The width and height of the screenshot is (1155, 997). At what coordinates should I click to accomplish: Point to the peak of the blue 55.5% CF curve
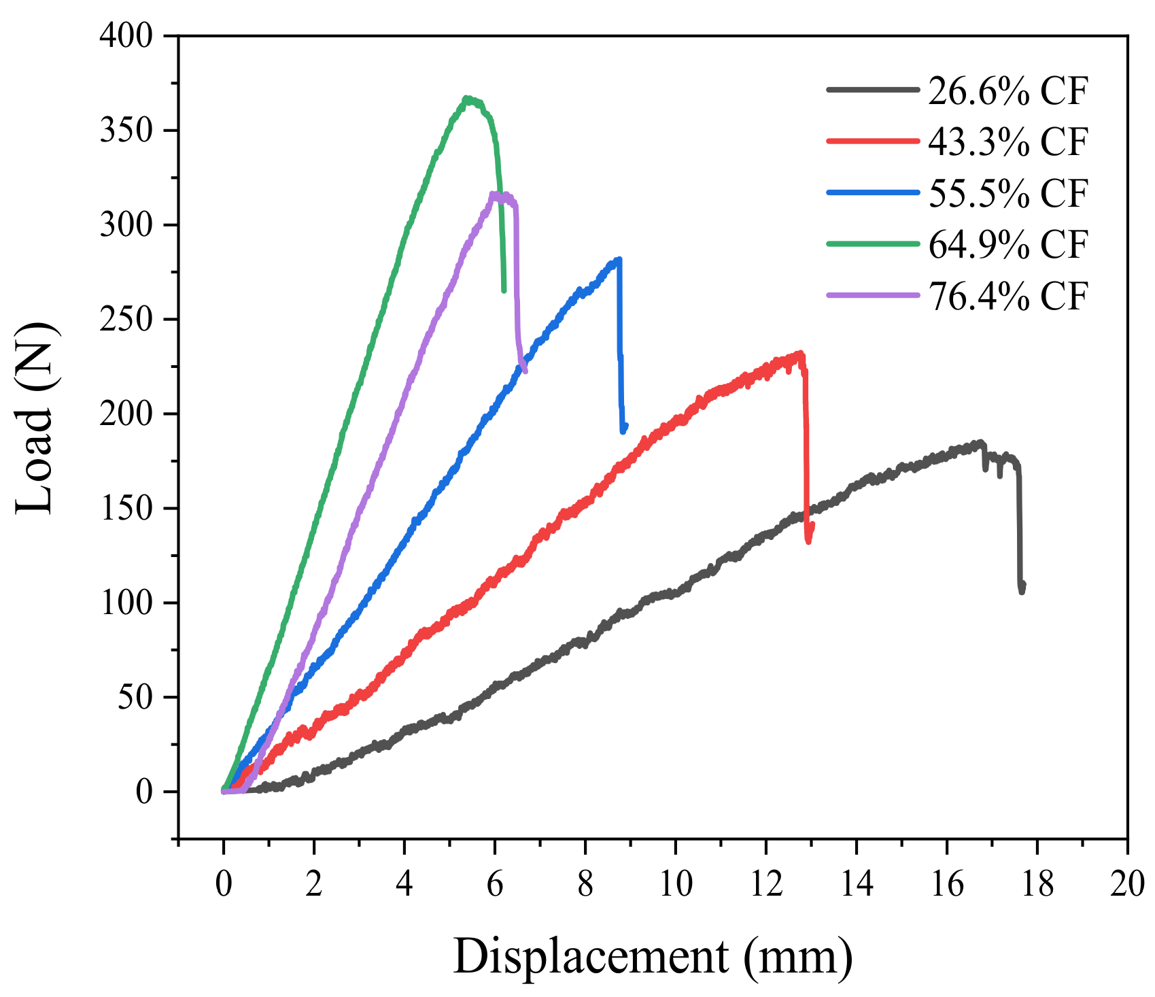618,259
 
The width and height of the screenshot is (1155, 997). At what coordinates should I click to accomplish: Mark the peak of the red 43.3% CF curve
800,353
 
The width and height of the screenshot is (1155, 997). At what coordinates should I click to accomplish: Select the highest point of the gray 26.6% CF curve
980,443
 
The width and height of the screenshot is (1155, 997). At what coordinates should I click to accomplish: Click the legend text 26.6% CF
1008,90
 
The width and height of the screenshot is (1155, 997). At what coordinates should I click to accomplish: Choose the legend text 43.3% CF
1008,141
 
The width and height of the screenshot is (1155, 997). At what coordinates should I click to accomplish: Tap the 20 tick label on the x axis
1126,884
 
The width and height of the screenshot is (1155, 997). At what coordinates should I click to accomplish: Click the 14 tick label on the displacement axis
856,884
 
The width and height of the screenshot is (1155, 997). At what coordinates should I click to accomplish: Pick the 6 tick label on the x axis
494,884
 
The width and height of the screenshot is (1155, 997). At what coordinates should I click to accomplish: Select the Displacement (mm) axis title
653,957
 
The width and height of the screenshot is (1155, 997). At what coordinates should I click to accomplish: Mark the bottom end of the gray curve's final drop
1022,592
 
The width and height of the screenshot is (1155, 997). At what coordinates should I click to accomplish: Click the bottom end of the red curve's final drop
808,541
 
